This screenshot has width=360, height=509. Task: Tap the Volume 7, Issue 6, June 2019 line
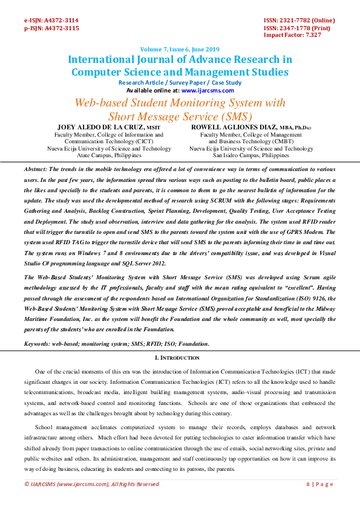coord(180,49)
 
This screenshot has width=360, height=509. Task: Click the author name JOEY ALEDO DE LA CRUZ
coord(100,128)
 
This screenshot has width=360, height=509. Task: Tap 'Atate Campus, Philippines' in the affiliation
coord(109,155)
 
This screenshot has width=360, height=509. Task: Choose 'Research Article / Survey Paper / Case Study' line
coord(180,83)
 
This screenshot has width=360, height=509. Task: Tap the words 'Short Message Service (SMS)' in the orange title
coord(180,115)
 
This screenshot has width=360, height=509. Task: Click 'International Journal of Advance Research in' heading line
coord(180,60)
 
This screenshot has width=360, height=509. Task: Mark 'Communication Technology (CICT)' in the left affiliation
coord(109,141)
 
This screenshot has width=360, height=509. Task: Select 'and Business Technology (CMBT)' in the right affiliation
coord(251,141)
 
